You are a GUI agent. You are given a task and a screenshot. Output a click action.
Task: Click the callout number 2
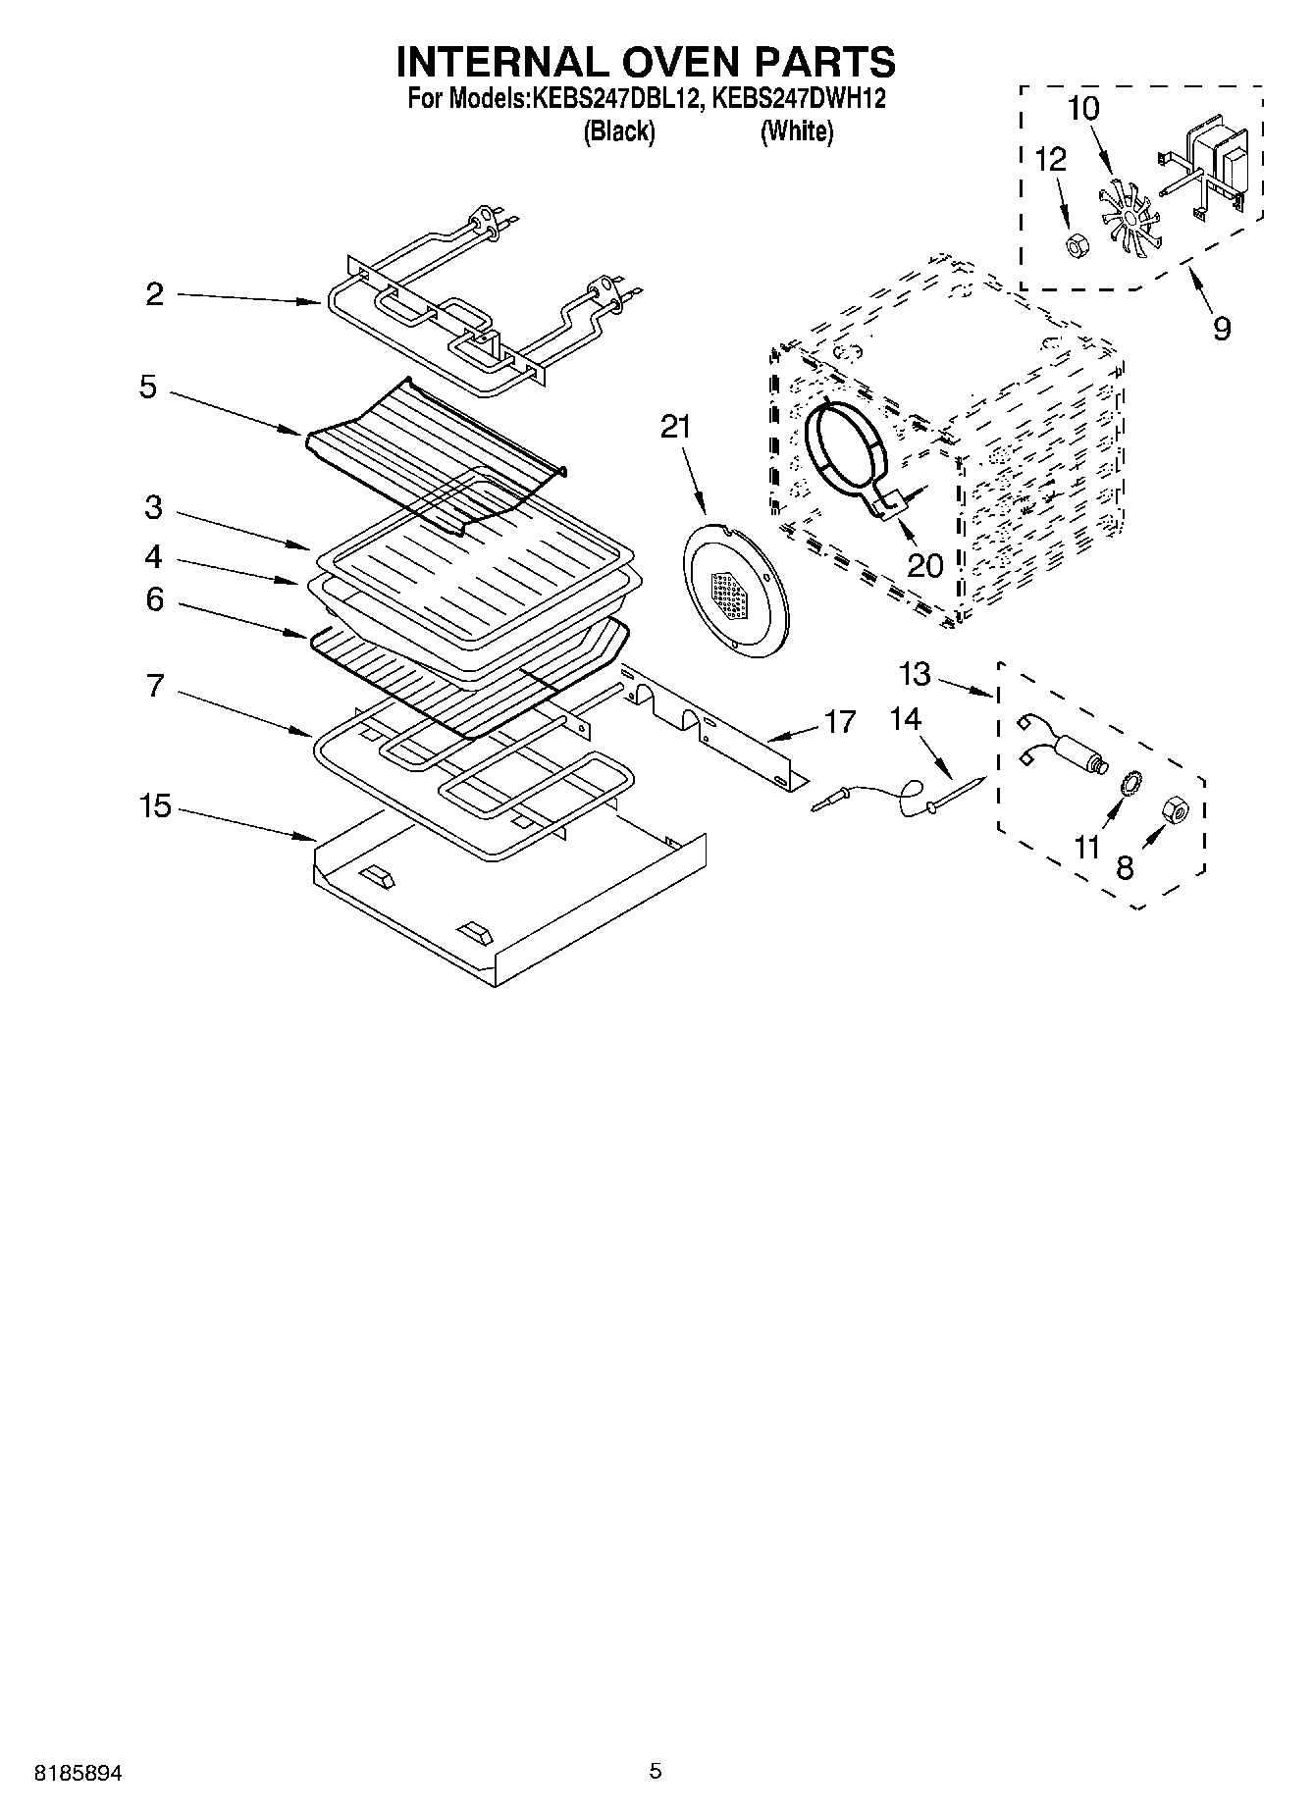[x=155, y=294]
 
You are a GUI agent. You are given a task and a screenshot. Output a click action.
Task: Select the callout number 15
[x=155, y=807]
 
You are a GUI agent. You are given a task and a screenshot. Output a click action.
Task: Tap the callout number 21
[x=675, y=427]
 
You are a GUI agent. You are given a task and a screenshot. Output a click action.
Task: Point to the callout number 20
[x=924, y=565]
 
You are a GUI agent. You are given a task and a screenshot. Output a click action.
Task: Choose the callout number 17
[x=841, y=721]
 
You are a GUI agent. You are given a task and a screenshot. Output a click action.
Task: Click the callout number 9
[x=1221, y=328]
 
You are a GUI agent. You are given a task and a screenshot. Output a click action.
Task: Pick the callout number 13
[x=914, y=674]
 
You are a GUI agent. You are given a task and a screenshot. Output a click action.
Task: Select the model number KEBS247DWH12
[x=798, y=99]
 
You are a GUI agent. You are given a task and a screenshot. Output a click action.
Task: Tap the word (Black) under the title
[x=619, y=131]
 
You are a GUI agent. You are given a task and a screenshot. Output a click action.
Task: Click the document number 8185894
[x=79, y=1773]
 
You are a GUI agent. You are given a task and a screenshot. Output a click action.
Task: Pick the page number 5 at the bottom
[x=656, y=1771]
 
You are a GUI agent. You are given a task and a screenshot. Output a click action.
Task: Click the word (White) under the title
[x=797, y=131]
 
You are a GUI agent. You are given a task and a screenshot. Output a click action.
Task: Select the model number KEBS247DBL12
[x=615, y=99]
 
